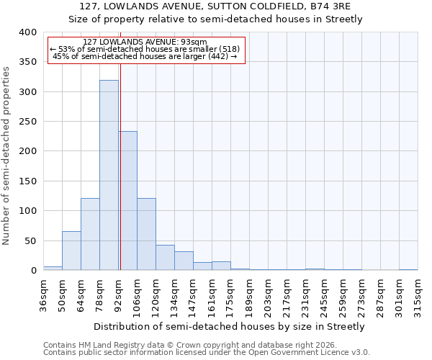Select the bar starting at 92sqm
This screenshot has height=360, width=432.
point(128,201)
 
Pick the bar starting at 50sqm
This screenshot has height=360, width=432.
point(71,251)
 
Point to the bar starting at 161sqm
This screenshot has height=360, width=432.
point(221,266)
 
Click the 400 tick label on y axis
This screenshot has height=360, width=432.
point(28,32)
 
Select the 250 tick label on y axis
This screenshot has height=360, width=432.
point(28,122)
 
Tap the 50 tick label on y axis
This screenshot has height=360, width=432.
point(31,240)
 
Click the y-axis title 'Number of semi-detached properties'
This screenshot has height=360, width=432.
point(6,155)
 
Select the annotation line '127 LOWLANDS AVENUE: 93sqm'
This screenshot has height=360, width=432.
point(145,42)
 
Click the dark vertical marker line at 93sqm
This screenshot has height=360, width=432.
point(120,166)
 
